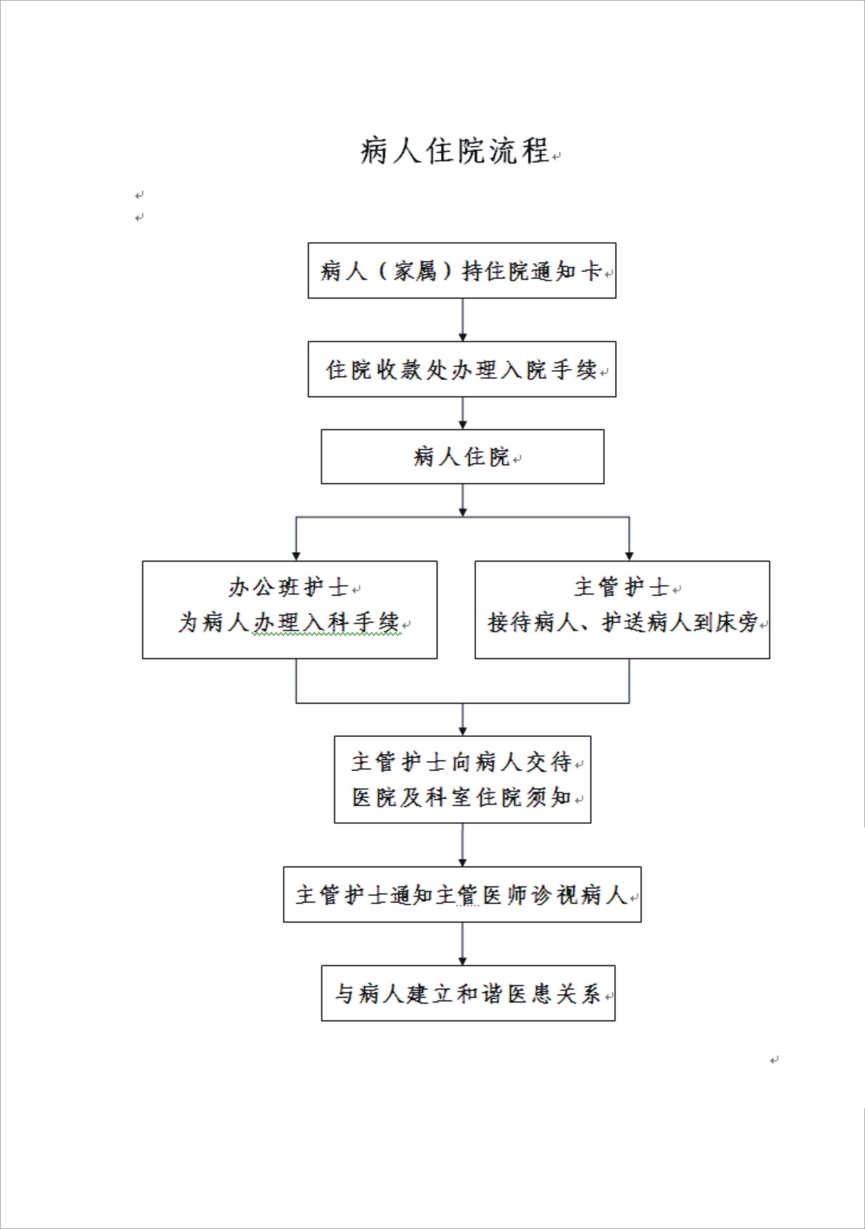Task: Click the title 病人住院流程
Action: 455,150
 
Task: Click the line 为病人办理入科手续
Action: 289,622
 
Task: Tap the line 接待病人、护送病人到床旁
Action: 622,622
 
